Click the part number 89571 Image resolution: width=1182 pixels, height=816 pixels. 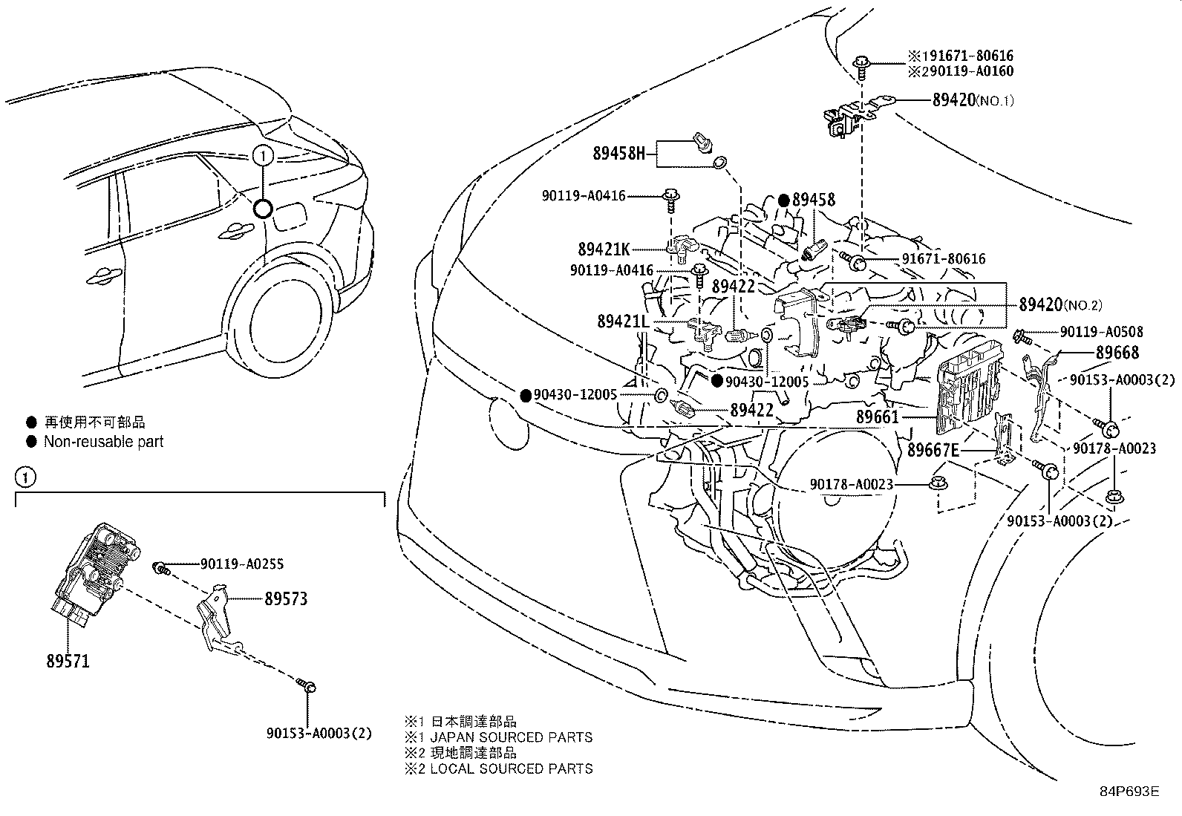tap(68, 661)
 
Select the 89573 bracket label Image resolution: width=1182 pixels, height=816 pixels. tap(286, 598)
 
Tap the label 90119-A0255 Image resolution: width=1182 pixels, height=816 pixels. tap(242, 564)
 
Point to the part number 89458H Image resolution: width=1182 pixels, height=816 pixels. tap(619, 154)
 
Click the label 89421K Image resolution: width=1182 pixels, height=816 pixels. tap(604, 249)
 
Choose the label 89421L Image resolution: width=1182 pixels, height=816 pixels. tap(623, 321)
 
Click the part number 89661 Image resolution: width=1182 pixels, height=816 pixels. tap(877, 417)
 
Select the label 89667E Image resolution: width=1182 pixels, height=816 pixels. tap(933, 450)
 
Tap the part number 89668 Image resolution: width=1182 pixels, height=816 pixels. tap(1117, 352)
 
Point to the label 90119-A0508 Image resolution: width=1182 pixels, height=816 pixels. tap(1102, 331)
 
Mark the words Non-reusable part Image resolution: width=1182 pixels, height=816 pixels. tap(103, 441)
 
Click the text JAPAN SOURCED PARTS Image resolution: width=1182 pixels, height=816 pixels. tap(512, 737)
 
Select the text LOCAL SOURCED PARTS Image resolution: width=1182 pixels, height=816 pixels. tap(512, 768)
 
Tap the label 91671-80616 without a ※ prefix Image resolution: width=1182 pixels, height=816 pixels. tap(944, 258)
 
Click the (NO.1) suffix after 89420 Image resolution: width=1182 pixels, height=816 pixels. tap(995, 100)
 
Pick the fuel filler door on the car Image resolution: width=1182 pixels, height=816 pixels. tap(289, 215)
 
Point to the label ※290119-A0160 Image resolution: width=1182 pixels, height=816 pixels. tap(961, 71)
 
